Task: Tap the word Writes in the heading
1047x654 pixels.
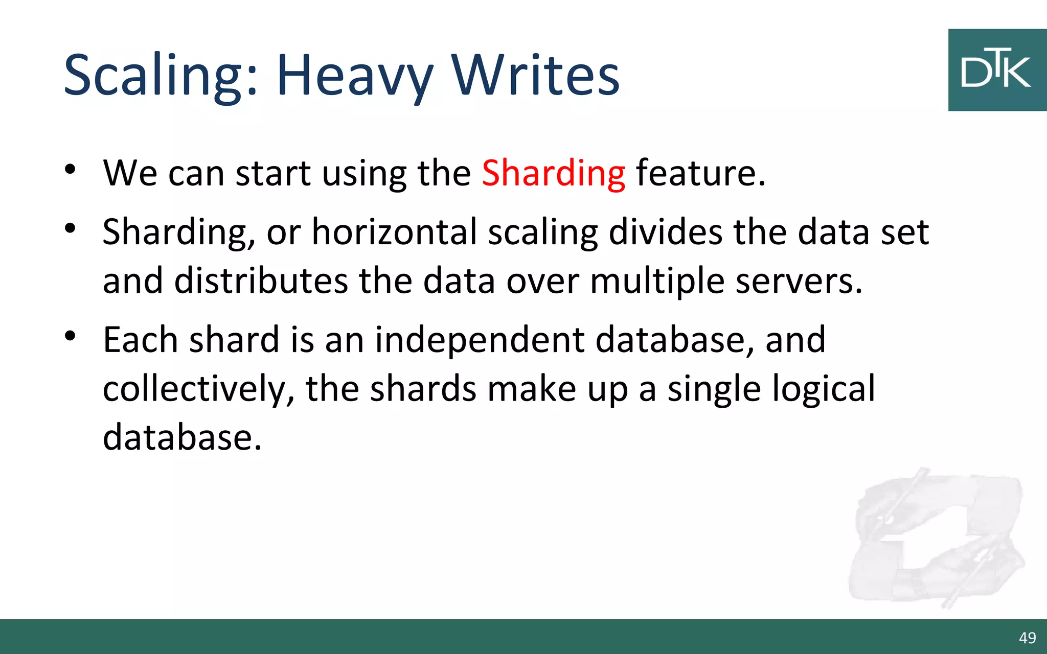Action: tap(535, 76)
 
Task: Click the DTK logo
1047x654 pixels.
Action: tap(996, 70)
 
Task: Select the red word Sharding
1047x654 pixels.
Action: tap(553, 174)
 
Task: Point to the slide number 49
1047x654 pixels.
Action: tap(1027, 638)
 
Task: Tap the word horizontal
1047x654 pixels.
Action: tap(394, 232)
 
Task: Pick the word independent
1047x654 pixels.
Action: tap(480, 340)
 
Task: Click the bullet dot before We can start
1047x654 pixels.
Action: tap(71, 169)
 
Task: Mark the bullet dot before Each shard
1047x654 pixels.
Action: tap(71, 336)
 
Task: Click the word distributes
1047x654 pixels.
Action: tap(261, 281)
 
